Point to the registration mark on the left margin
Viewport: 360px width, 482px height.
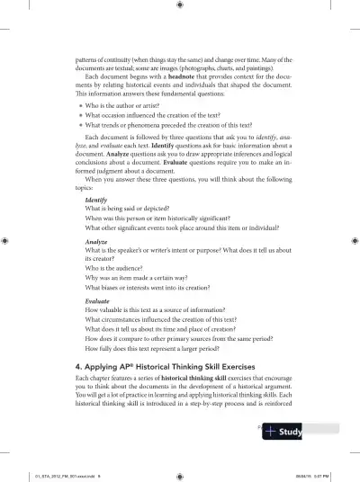pyautogui.click(x=7, y=241)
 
